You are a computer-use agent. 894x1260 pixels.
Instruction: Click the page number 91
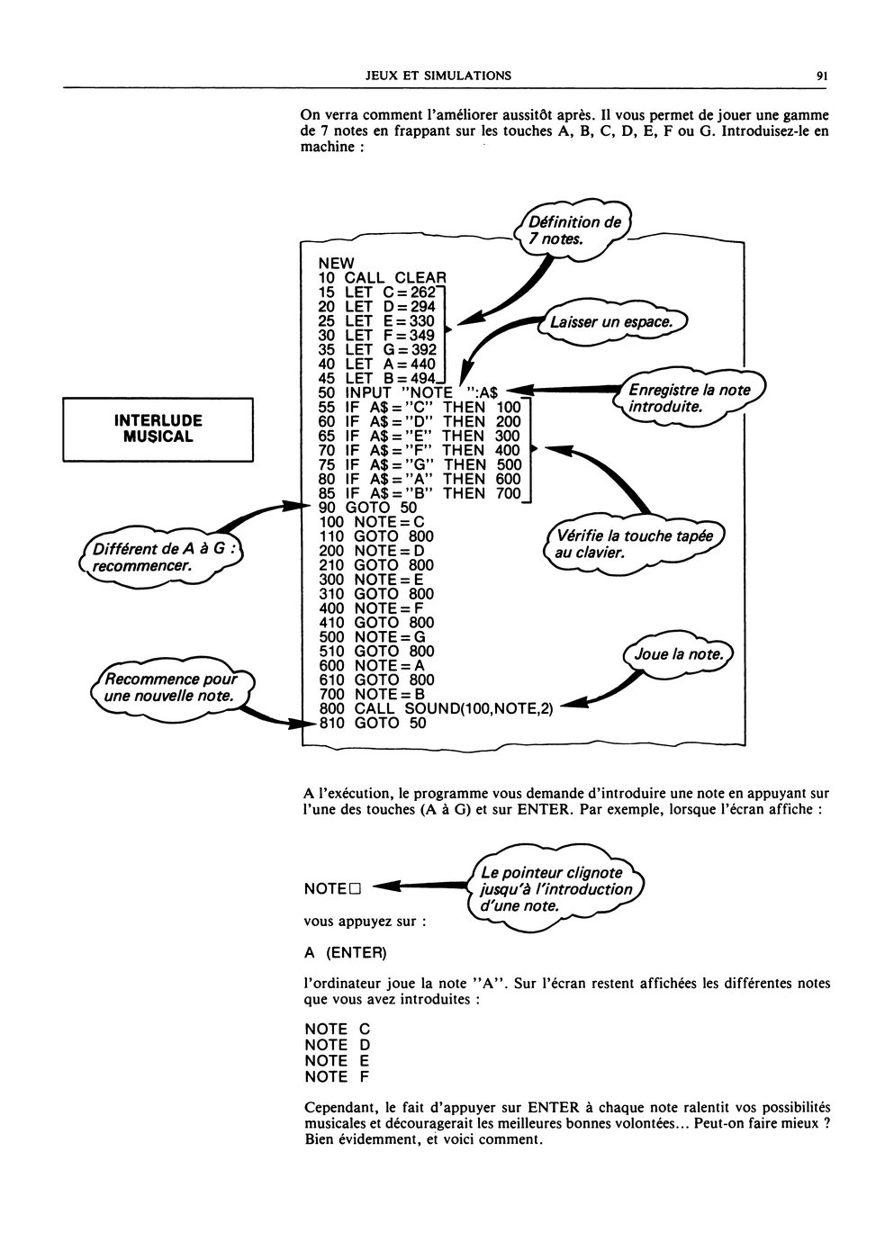(x=821, y=76)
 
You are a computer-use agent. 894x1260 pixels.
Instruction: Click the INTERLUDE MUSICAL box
(x=158, y=429)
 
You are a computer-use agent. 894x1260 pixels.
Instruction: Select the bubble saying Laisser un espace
(x=611, y=322)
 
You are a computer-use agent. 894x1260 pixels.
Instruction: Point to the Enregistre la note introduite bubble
(x=690, y=398)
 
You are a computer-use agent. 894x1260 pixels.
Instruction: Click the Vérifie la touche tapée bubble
(x=634, y=544)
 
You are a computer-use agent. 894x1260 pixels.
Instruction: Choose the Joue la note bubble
(x=678, y=654)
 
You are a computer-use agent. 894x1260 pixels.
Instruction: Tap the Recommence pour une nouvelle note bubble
(x=172, y=688)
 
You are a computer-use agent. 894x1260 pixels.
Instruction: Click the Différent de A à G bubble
(x=161, y=557)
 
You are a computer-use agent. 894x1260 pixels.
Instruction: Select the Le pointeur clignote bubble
(x=555, y=889)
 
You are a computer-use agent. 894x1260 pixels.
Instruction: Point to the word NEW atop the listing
(x=337, y=263)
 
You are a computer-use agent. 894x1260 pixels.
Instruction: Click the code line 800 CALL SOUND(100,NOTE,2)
(x=436, y=709)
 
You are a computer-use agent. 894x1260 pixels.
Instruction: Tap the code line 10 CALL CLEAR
(x=382, y=277)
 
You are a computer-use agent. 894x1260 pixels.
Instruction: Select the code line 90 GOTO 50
(x=368, y=508)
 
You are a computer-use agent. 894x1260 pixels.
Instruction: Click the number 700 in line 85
(x=509, y=493)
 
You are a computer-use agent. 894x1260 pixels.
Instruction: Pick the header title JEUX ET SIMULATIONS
(x=438, y=76)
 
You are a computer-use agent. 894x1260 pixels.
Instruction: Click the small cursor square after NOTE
(x=354, y=889)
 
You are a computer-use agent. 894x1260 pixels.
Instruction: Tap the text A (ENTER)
(x=346, y=953)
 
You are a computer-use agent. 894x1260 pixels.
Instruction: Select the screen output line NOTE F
(x=337, y=1077)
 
